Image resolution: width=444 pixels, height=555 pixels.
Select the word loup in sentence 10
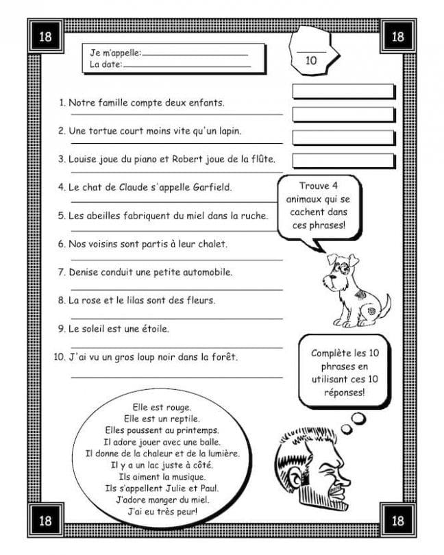pos(155,357)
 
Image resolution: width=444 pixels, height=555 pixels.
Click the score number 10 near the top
pos(311,60)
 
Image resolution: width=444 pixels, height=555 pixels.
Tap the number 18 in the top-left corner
pos(45,37)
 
